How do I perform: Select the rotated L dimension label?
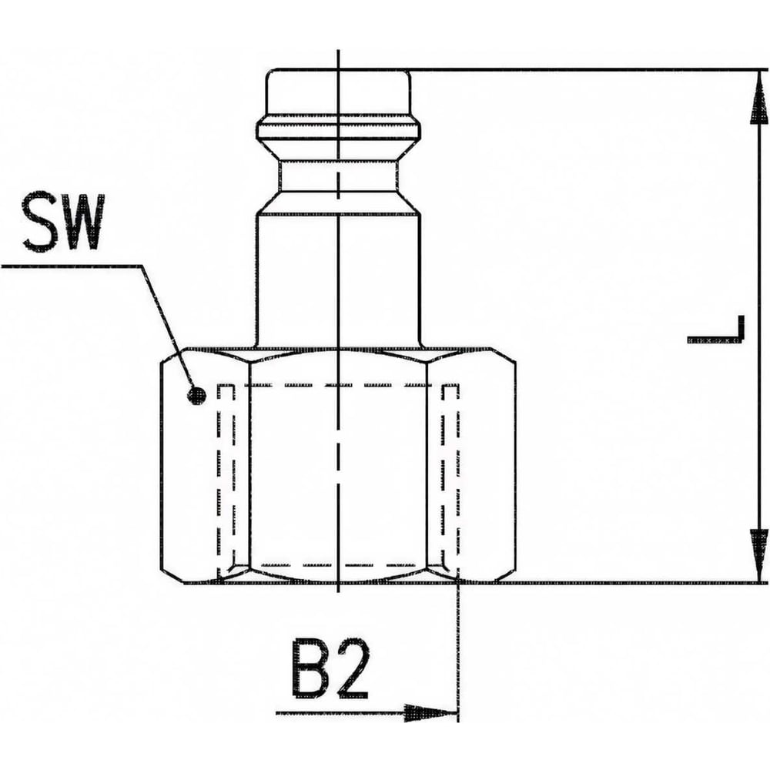coord(716,329)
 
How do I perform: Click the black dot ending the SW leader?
coord(197,395)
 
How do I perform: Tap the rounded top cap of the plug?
coord(339,93)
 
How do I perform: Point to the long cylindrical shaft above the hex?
coord(339,280)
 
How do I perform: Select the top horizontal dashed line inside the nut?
coord(339,385)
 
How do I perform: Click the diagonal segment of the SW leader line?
coord(168,326)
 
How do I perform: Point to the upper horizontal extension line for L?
coord(587,70)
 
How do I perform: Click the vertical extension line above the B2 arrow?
coord(457,651)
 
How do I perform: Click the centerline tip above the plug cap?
coord(339,51)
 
